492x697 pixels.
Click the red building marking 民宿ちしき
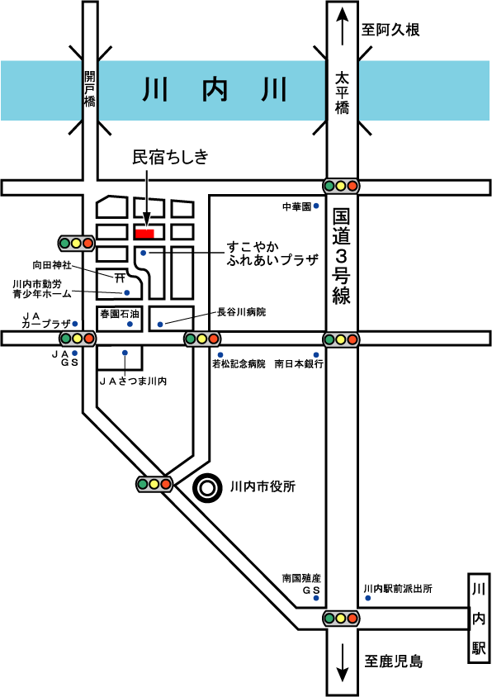coord(144,234)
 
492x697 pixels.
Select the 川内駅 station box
coord(479,619)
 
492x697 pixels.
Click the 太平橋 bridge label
coord(343,93)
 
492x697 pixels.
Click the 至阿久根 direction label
coord(390,30)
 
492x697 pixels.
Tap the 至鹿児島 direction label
coord(394,661)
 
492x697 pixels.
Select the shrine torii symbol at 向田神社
coord(120,278)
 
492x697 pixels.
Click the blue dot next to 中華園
coord(316,206)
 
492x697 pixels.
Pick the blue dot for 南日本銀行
coord(316,355)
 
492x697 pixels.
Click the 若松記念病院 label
coord(239,364)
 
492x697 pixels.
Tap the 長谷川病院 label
coord(241,312)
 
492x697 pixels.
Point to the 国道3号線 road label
coord(341,257)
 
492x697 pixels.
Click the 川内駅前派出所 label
coord(398,589)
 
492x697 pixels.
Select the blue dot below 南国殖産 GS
coord(316,598)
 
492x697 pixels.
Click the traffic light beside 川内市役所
coord(154,484)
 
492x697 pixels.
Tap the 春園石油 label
coord(120,314)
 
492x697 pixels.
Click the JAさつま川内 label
coord(133,381)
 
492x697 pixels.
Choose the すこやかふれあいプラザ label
coord(272,254)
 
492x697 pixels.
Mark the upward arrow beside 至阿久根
coord(342,26)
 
